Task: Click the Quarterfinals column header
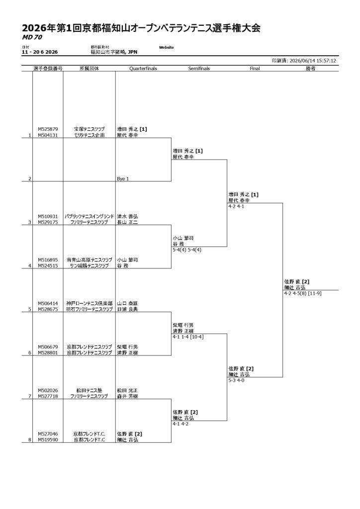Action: pyautogui.click(x=143, y=69)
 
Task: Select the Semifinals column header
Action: pyautogui.click(x=199, y=69)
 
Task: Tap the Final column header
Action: pyautogui.click(x=255, y=69)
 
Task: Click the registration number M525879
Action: pyautogui.click(x=48, y=129)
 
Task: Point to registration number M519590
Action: pyautogui.click(x=48, y=440)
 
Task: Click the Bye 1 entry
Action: pyautogui.click(x=123, y=179)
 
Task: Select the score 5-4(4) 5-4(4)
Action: pyautogui.click(x=187, y=250)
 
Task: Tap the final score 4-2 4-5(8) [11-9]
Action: pyautogui.click(x=302, y=293)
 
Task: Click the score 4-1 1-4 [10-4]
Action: pyautogui.click(x=188, y=337)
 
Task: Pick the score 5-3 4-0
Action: pyautogui.click(x=236, y=380)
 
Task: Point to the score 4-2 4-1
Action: pyautogui.click(x=236, y=206)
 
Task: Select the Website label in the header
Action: pyautogui.click(x=166, y=47)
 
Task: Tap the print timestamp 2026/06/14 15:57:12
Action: pyautogui.click(x=313, y=61)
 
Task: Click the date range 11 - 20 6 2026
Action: pyautogui.click(x=40, y=52)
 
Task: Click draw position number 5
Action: pyautogui.click(x=29, y=309)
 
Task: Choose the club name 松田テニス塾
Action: pyautogui.click(x=89, y=391)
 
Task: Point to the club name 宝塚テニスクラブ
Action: pyautogui.click(x=89, y=129)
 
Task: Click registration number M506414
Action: pyautogui.click(x=48, y=304)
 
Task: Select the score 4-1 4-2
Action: pyautogui.click(x=180, y=424)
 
